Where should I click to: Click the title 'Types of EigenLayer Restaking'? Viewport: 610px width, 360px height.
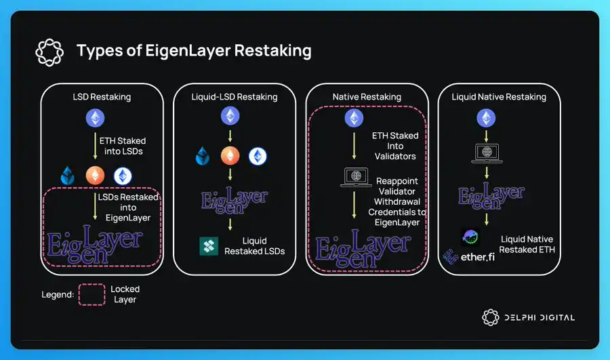point(194,50)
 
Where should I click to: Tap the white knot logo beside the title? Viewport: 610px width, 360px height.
point(49,50)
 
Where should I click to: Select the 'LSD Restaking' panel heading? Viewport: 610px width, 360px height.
point(102,97)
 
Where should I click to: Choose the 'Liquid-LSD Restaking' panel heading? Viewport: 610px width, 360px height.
point(235,97)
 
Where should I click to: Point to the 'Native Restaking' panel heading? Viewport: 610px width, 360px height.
point(367,97)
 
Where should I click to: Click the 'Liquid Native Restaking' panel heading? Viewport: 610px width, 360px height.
point(499,97)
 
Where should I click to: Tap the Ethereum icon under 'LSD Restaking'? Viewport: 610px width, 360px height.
point(96,119)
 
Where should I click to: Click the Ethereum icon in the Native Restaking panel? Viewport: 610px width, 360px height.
point(353,119)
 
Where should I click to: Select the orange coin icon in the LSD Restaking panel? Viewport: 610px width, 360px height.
point(96,175)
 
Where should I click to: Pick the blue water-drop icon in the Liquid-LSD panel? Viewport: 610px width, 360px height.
point(204,156)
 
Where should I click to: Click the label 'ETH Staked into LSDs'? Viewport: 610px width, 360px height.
point(122,146)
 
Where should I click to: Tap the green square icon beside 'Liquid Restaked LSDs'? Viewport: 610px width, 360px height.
point(209,246)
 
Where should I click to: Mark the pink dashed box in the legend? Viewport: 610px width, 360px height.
point(91,294)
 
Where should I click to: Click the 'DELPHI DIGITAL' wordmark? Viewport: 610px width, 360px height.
point(539,317)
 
